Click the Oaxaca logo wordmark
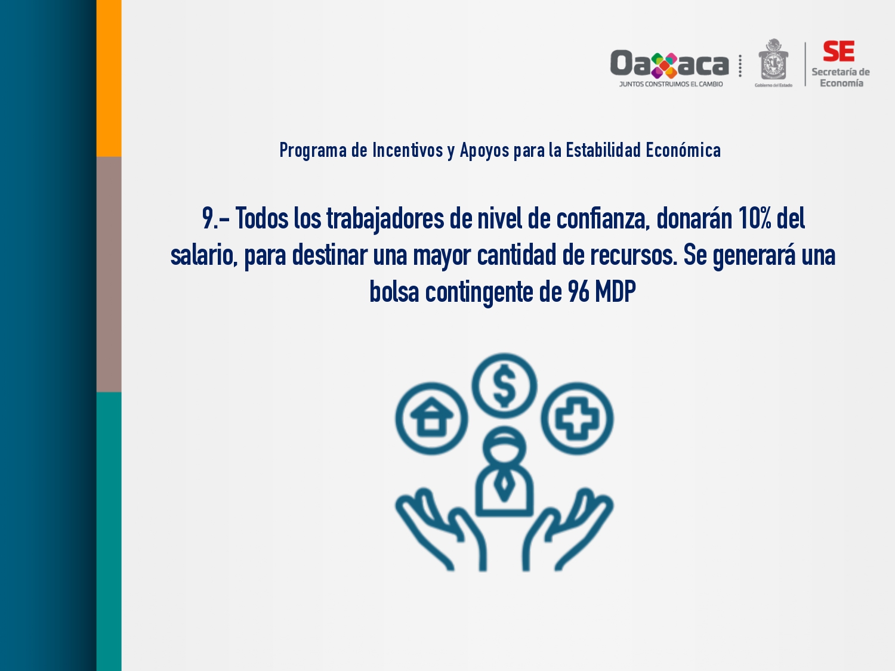click(669, 64)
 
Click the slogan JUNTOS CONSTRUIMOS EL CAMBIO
click(671, 84)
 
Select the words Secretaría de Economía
click(841, 78)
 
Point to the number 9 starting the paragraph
click(208, 218)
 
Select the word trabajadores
click(385, 219)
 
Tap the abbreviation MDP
click(615, 292)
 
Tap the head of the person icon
click(504, 447)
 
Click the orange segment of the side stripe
click(109, 78)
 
